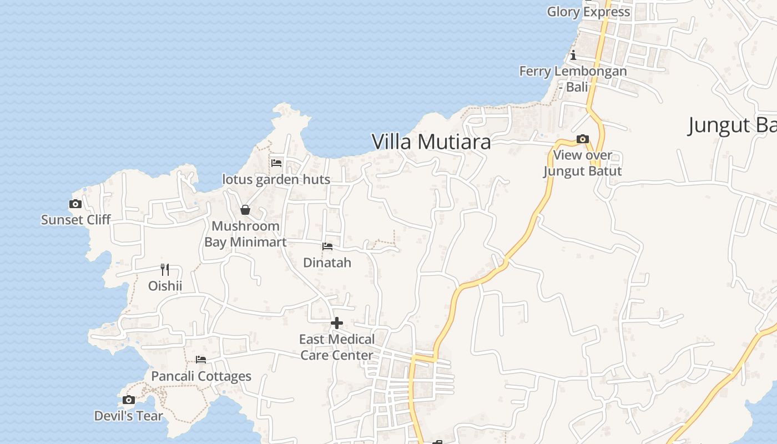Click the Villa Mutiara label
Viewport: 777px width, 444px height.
(x=431, y=142)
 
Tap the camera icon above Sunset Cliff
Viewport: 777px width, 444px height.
(x=75, y=204)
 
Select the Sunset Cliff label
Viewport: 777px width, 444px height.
(x=76, y=220)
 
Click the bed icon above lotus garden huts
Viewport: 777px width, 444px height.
(x=276, y=163)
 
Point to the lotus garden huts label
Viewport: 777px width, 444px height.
(x=276, y=179)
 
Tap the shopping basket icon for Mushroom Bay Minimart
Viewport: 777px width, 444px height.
(x=245, y=210)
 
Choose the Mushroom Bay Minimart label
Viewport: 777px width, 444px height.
(x=245, y=234)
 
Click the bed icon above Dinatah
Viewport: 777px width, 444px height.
(x=327, y=246)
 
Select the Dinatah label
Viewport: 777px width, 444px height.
(x=327, y=263)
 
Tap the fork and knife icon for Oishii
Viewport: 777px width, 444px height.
(x=165, y=270)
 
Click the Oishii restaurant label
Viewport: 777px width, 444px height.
(x=165, y=286)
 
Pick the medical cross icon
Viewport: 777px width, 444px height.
(x=337, y=323)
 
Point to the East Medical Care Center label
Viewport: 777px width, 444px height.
(x=337, y=347)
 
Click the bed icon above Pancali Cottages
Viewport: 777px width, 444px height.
(x=201, y=360)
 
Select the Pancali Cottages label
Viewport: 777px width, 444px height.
(x=201, y=376)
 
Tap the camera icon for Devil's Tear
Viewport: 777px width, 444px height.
(x=129, y=400)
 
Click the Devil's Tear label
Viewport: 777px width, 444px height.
(x=129, y=416)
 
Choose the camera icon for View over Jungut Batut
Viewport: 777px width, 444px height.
(x=582, y=139)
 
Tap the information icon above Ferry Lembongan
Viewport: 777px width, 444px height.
(x=573, y=55)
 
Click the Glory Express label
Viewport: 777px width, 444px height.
(x=588, y=12)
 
